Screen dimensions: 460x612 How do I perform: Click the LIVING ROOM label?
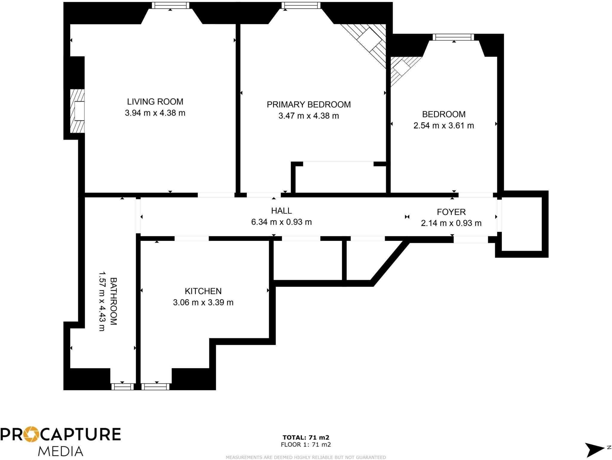point(155,102)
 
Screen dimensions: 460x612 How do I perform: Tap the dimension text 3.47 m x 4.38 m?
point(308,116)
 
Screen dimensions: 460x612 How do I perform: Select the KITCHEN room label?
point(203,291)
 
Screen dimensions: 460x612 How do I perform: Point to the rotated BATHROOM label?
point(113,301)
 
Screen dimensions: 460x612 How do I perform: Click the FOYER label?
point(451,212)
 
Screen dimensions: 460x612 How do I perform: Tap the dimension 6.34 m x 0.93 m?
point(281,222)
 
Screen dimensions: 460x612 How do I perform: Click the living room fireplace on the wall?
point(78,111)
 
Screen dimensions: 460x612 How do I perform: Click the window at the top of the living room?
point(170,5)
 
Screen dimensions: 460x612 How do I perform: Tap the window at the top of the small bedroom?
point(453,37)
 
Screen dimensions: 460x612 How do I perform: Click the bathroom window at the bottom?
point(123,387)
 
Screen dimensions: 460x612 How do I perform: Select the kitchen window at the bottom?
point(155,387)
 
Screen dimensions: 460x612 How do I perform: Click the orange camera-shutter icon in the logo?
point(31,434)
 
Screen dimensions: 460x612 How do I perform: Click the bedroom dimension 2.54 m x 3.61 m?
point(443,126)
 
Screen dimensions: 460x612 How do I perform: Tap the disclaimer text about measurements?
point(306,457)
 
